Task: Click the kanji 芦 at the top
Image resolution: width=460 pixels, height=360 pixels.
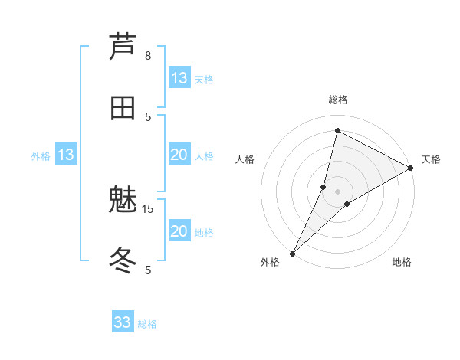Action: [123, 47]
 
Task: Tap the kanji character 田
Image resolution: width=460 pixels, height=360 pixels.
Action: [123, 107]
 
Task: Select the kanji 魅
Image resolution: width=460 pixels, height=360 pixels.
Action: [123, 201]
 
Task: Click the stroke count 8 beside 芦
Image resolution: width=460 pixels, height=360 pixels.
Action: [148, 56]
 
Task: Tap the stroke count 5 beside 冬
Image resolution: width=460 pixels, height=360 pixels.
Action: [148, 270]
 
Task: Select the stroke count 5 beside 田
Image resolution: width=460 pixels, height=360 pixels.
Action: [148, 116]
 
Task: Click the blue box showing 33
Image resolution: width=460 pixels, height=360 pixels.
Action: [123, 322]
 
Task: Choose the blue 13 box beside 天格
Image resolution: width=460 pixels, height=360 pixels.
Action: [179, 78]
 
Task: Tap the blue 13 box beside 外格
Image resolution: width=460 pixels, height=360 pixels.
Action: [66, 155]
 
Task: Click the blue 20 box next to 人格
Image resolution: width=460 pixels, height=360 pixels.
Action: [179, 155]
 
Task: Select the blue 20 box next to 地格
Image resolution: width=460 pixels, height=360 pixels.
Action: [179, 231]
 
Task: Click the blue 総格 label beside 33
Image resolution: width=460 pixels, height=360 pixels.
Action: [147, 324]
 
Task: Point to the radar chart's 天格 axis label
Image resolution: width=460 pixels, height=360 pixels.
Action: [431, 159]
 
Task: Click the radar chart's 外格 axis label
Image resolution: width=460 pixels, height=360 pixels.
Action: [270, 262]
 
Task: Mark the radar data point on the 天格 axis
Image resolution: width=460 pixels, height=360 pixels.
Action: [411, 168]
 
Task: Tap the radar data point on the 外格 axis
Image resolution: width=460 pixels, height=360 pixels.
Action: [293, 253]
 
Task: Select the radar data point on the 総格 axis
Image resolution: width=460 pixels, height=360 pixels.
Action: [337, 131]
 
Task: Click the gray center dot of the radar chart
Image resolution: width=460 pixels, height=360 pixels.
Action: [337, 191]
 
